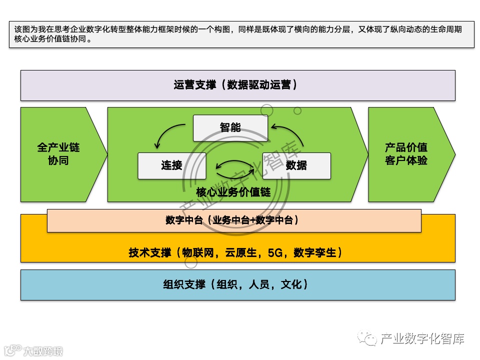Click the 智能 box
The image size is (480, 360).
point(230,128)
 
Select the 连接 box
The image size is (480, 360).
point(171,165)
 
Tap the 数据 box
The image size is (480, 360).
point(296,165)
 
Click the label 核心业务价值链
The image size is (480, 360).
point(233,192)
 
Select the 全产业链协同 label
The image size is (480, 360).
point(58,154)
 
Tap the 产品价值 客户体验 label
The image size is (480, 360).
point(406,154)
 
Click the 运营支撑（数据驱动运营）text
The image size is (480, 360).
point(236,85)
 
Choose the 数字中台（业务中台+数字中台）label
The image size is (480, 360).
point(233,220)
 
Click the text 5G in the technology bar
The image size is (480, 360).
point(275,253)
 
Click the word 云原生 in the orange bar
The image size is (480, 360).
point(243,253)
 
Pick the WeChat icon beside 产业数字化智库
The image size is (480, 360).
point(369,339)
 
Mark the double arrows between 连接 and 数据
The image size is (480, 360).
point(234,166)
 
